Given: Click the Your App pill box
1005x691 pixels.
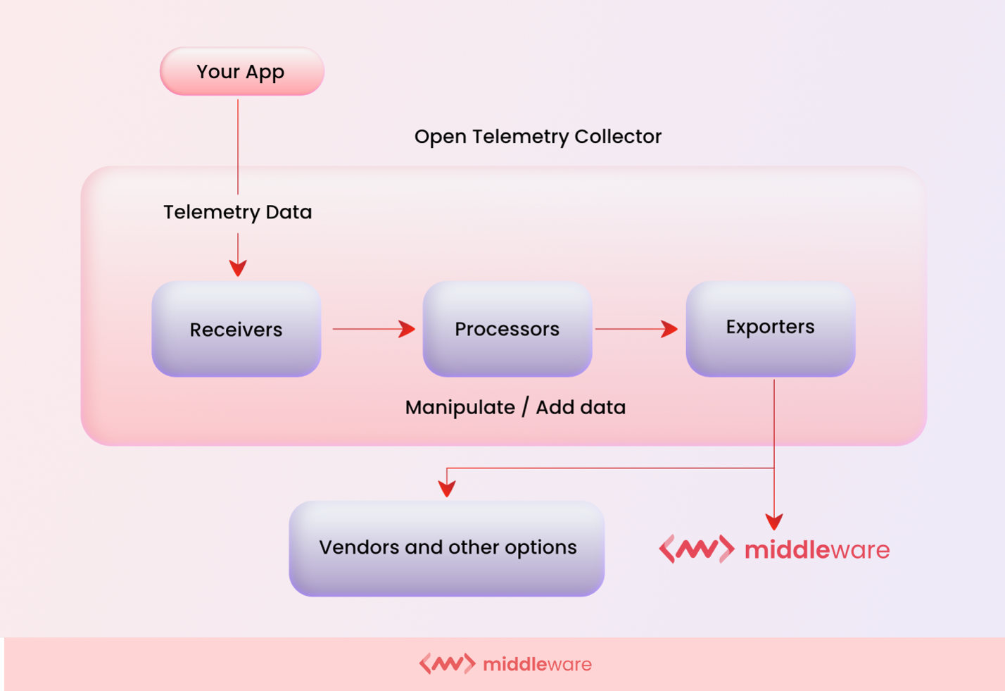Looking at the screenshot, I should [241, 72].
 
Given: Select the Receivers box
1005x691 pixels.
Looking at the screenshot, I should [236, 329].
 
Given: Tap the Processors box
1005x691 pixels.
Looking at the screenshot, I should [507, 329].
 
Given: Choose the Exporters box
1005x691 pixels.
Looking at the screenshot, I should [770, 328].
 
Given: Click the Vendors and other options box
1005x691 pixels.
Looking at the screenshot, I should [447, 548].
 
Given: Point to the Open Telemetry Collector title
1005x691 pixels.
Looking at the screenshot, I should [538, 137].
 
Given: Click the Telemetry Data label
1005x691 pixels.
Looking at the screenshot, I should [237, 212].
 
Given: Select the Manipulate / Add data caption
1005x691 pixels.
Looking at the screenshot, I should [515, 407].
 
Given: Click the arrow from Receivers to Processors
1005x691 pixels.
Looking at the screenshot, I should [373, 329].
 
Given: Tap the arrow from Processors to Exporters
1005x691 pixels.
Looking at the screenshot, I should [636, 329].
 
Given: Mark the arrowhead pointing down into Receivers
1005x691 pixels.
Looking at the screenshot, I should [238, 268].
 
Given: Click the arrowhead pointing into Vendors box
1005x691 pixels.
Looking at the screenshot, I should [447, 488].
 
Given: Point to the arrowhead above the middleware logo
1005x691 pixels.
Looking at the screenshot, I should [774, 522].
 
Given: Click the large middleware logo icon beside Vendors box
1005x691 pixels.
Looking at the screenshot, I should [696, 549].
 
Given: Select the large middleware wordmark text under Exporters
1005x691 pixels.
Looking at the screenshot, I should [817, 550].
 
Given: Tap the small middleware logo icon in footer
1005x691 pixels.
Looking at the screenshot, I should [447, 664].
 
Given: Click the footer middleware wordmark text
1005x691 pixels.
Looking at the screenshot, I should [537, 664].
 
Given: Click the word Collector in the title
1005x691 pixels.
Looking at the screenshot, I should [617, 137].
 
